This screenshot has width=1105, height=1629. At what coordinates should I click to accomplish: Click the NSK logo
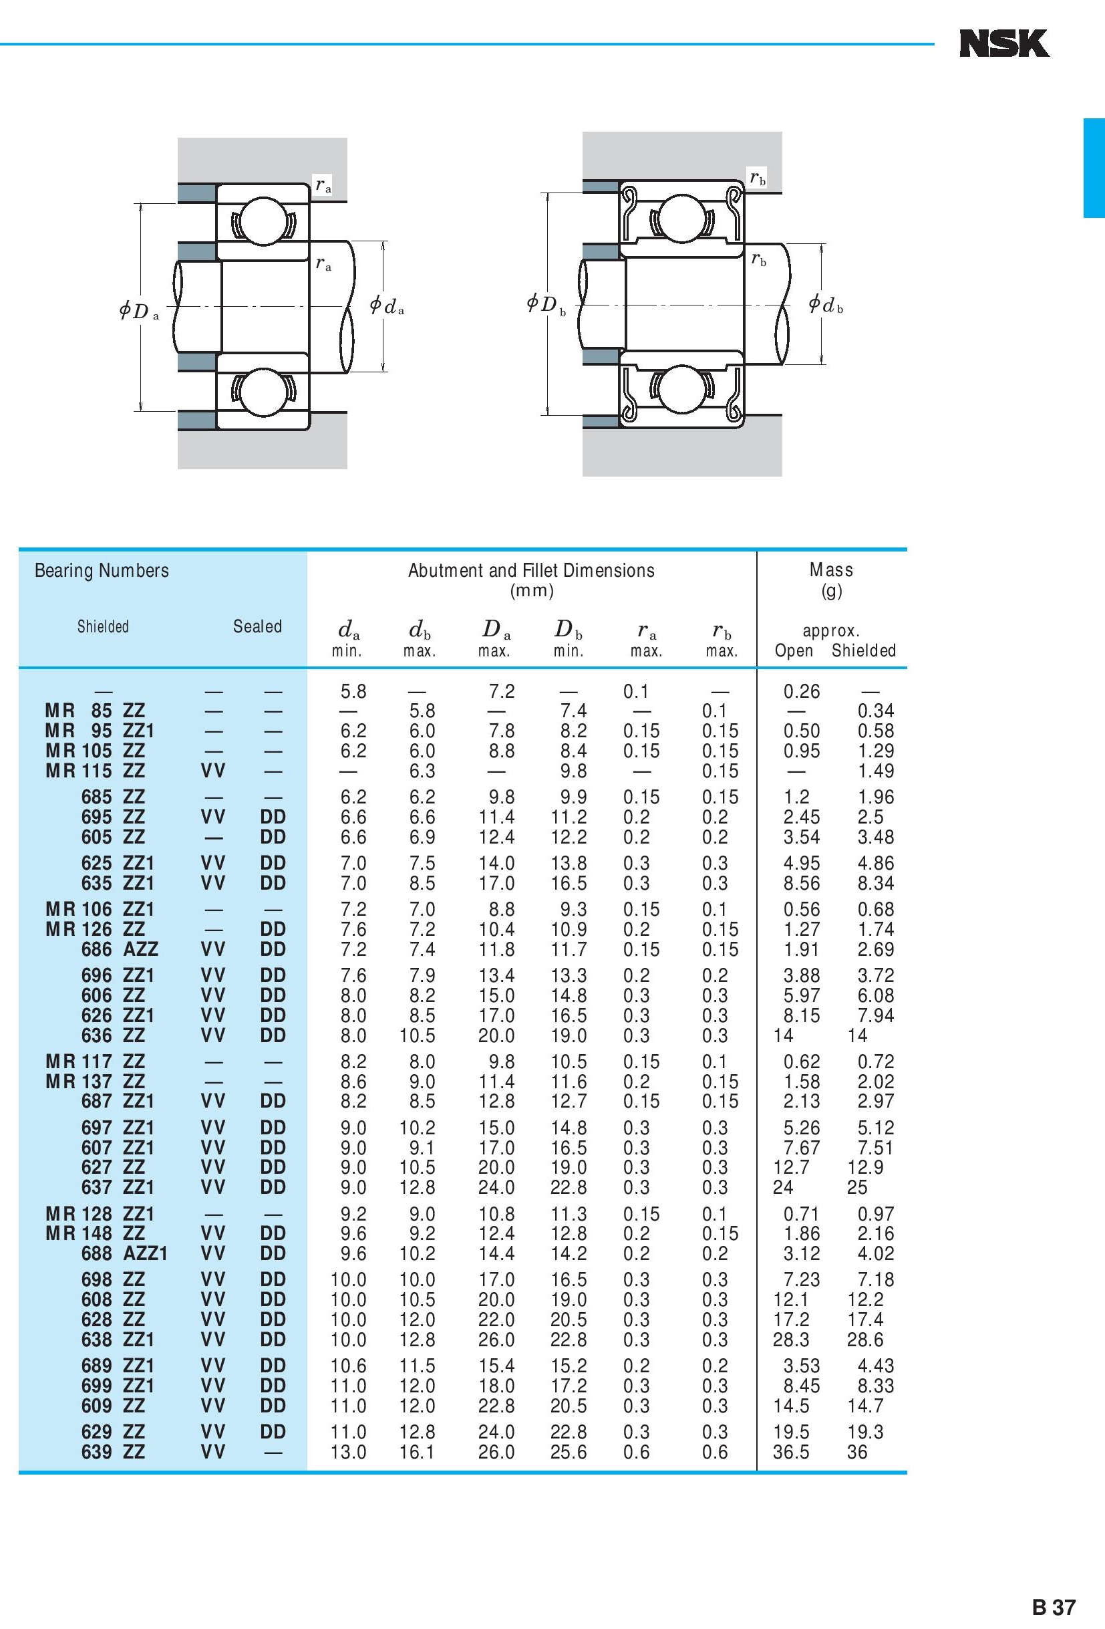pos(1003,43)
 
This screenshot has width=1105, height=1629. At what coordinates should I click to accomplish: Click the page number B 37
pos(1053,1606)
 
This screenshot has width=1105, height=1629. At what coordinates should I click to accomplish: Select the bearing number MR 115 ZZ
pos(95,771)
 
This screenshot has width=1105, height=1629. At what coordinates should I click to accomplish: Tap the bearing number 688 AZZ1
pos(124,1253)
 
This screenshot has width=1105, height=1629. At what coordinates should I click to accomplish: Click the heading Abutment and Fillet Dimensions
pos(531,571)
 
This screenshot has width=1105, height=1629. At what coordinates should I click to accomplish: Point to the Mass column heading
pos(831,570)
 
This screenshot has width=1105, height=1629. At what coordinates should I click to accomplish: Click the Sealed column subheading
pos(257,626)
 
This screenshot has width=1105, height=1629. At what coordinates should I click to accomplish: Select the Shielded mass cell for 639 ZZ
pos(857,1453)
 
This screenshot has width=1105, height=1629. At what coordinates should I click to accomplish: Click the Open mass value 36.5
pos(791,1453)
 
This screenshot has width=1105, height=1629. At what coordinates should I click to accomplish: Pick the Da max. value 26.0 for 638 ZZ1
pos(496,1340)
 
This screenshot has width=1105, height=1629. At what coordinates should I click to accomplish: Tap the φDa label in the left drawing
pos(138,311)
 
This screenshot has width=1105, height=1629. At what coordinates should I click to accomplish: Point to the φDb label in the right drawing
pos(546,304)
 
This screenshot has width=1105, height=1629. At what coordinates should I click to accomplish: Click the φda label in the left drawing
pos(387,305)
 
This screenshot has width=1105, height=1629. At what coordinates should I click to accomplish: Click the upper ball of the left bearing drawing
pos(263,221)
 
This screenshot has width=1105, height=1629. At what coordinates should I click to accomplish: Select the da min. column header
pos(347,638)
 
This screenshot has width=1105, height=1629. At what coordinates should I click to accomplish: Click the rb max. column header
pos(722,639)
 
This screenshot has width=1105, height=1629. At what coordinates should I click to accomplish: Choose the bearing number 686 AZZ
pos(119,949)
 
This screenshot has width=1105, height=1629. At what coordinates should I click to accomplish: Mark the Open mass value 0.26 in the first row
pos(801,692)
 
